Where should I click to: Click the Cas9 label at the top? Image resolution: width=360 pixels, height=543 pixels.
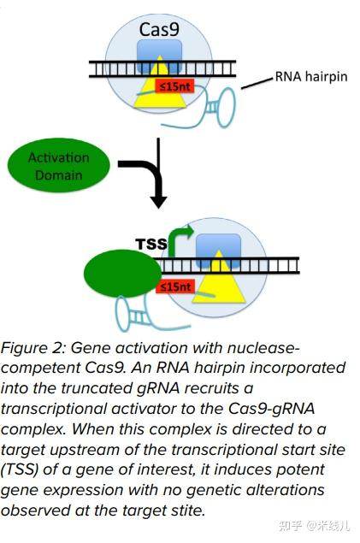(x=159, y=29)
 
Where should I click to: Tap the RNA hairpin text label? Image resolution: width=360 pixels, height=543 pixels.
(x=311, y=76)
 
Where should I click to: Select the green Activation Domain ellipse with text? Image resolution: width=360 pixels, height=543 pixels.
(x=58, y=165)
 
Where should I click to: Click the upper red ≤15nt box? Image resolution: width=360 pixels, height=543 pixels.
(x=174, y=86)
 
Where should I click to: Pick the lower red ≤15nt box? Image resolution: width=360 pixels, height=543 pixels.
(x=175, y=286)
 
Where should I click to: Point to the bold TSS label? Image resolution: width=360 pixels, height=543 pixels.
(x=151, y=245)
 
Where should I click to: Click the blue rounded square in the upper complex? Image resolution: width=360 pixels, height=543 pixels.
(x=160, y=56)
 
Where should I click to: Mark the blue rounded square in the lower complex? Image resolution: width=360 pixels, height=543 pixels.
(x=218, y=251)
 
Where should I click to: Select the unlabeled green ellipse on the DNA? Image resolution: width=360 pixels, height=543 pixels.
(x=122, y=274)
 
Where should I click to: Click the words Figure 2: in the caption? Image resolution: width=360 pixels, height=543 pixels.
(x=33, y=348)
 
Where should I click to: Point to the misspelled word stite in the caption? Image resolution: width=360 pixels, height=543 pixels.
(x=187, y=511)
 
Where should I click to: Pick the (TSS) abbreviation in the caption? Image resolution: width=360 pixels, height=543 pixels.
(x=20, y=470)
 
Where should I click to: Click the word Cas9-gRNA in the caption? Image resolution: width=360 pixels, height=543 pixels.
(x=271, y=409)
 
